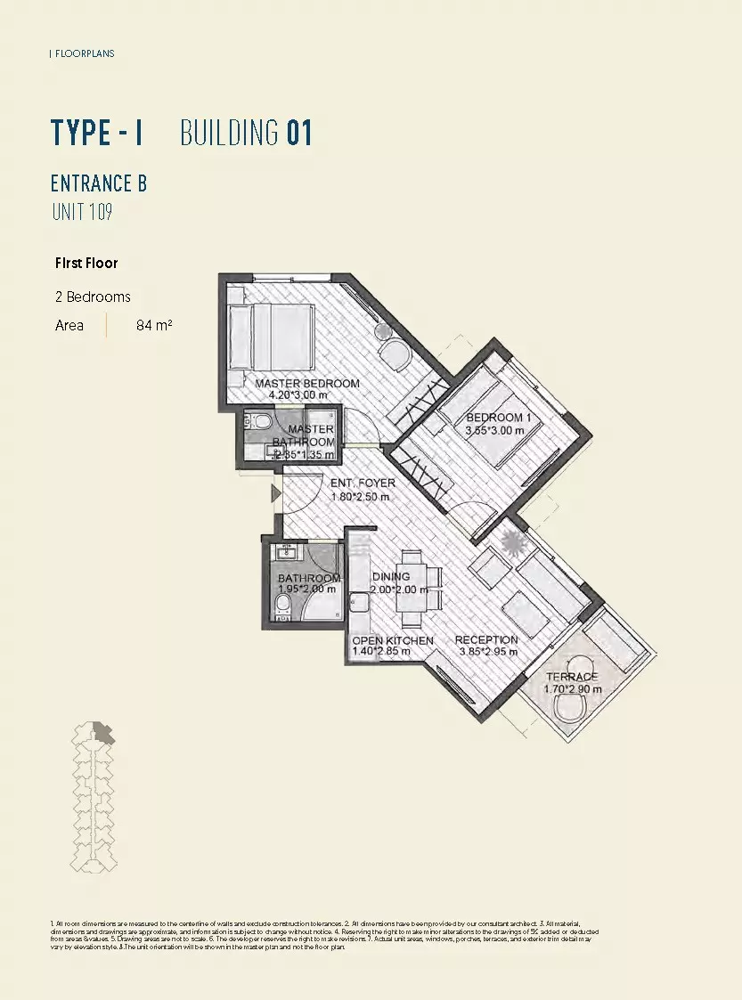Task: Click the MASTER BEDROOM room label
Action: [x=307, y=384]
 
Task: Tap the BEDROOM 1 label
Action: [x=494, y=418]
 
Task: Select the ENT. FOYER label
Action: [x=363, y=484]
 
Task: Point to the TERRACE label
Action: [x=572, y=677]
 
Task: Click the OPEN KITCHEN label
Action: [x=393, y=640]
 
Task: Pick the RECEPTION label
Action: [x=486, y=639]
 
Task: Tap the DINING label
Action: [x=391, y=577]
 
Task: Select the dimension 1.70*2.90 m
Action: [x=572, y=689]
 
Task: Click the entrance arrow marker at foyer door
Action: [x=276, y=492]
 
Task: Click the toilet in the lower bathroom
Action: [x=282, y=606]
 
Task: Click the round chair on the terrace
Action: [x=571, y=710]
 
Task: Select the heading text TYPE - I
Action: [x=97, y=133]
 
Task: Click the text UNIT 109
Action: [x=81, y=212]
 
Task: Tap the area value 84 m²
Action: [x=154, y=326]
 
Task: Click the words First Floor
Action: [x=86, y=264]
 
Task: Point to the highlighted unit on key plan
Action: [x=105, y=732]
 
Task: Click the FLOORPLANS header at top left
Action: [x=83, y=53]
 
